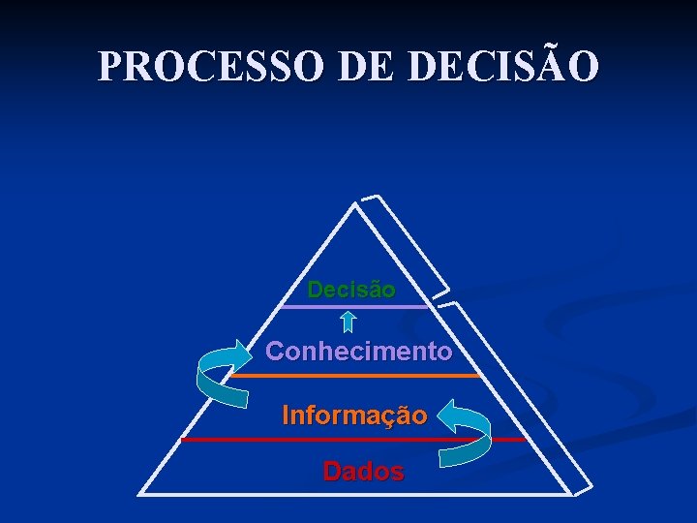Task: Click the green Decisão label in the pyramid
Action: [351, 290]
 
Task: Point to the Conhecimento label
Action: [358, 351]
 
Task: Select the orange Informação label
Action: [354, 415]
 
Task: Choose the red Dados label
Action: [363, 472]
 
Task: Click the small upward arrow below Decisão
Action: [349, 322]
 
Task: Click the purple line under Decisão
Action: [353, 307]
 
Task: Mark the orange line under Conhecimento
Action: [356, 375]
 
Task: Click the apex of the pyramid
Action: [354, 204]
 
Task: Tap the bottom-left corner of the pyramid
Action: [140, 494]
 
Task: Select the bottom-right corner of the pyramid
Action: [569, 494]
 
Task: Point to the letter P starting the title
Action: [110, 67]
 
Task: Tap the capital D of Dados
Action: [332, 472]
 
